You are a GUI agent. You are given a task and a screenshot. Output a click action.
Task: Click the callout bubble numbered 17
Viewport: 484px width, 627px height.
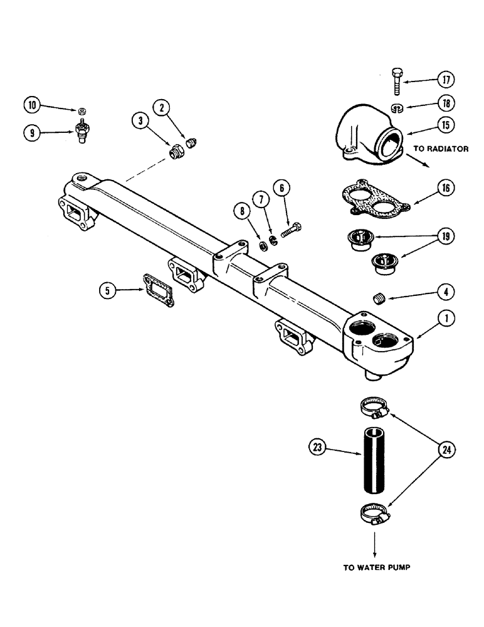[x=446, y=80]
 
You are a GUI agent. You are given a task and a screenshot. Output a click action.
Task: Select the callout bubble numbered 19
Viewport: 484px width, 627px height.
[x=446, y=237]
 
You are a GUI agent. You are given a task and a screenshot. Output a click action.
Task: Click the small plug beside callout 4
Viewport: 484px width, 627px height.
[x=378, y=298]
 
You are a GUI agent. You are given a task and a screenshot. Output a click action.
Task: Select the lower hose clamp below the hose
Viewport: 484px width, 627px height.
[x=375, y=515]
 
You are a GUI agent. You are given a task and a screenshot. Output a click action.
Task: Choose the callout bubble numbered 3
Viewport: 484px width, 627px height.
[x=140, y=120]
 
